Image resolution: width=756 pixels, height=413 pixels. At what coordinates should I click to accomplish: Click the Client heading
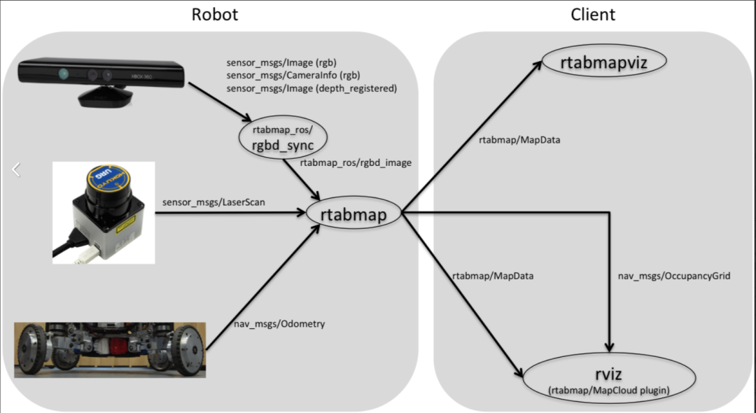click(x=592, y=14)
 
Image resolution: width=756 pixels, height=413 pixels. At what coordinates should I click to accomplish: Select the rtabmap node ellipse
click(x=353, y=214)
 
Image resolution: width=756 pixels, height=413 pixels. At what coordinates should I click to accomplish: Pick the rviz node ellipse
click(x=609, y=377)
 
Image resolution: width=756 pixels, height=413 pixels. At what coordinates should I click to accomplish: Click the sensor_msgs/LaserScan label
click(x=213, y=202)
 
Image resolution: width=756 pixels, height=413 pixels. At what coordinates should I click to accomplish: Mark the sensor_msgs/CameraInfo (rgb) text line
click(x=293, y=75)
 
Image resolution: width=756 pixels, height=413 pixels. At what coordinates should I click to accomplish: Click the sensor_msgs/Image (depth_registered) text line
click(x=311, y=88)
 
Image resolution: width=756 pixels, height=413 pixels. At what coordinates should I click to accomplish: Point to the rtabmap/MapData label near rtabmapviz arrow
click(x=520, y=140)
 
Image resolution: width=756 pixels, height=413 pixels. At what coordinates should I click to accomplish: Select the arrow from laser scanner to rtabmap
click(x=231, y=213)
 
